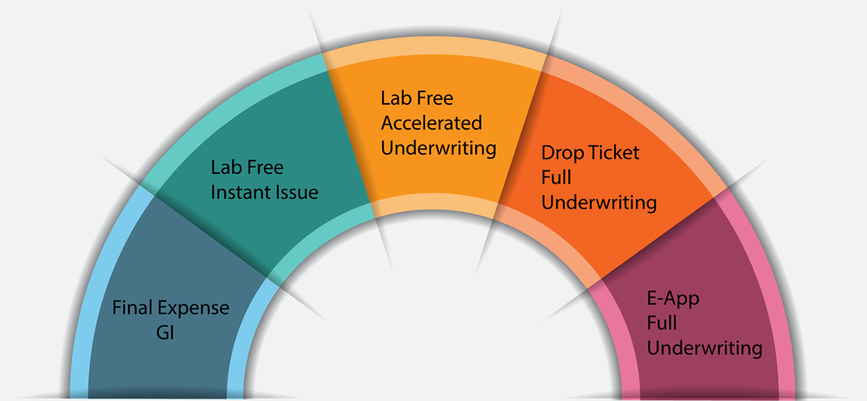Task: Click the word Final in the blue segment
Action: click(131, 308)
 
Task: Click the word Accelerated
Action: click(431, 123)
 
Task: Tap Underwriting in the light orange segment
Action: click(438, 149)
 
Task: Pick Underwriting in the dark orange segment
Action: click(599, 203)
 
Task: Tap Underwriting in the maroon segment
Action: click(705, 348)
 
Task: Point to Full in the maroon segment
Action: click(661, 322)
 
